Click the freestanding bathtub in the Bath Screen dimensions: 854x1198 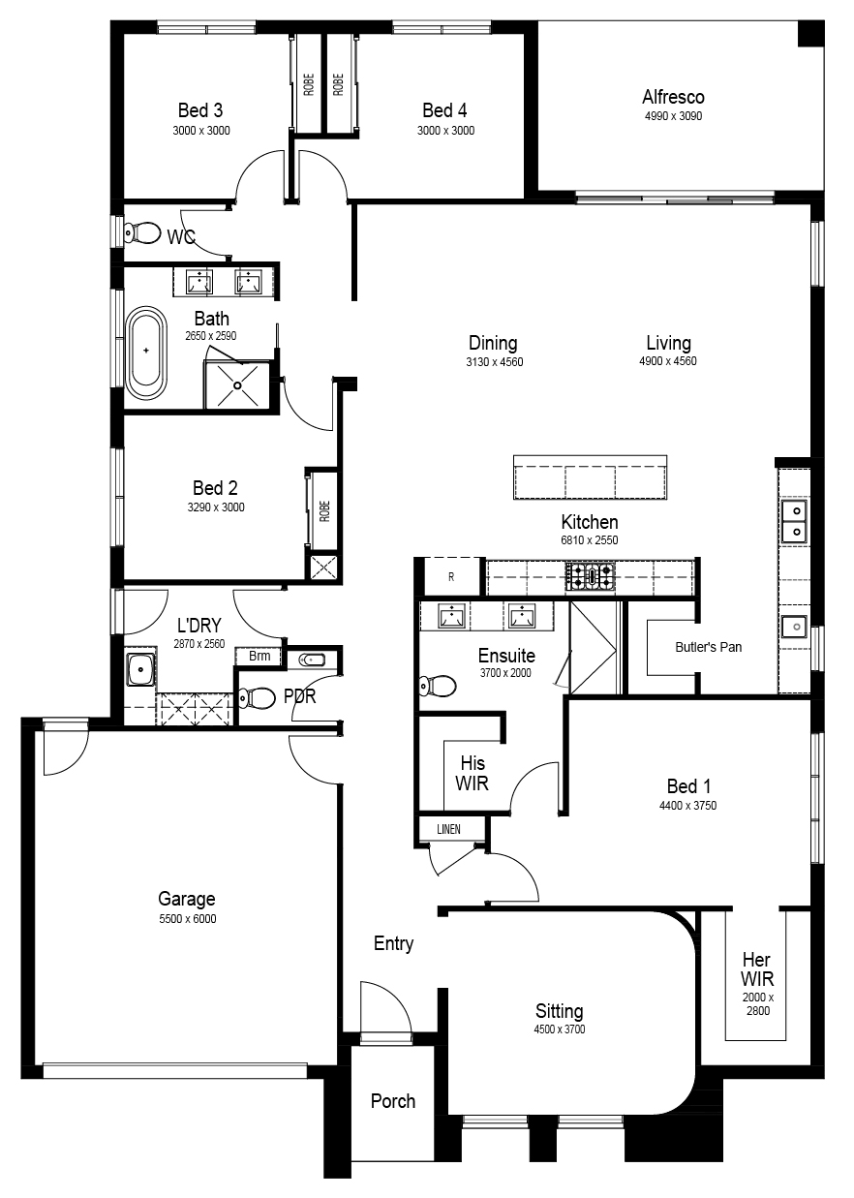[145, 353]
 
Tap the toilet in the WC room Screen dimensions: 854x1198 [142, 233]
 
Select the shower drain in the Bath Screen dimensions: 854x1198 [238, 385]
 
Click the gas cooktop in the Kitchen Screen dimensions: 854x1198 [590, 576]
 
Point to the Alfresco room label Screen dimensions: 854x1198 [673, 97]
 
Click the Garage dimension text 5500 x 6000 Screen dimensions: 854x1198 [188, 919]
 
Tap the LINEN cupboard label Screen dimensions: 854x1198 [448, 829]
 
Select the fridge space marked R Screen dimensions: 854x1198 [451, 576]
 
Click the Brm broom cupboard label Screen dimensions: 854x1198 [259, 656]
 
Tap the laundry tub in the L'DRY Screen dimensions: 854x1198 [140, 668]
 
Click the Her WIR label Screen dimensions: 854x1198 [756, 968]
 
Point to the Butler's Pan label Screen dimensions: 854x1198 [709, 647]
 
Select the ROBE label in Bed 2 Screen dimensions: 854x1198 [324, 511]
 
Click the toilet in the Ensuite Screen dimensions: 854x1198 [438, 685]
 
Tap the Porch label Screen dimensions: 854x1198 [393, 1101]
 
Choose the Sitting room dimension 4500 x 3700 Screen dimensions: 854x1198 [560, 1029]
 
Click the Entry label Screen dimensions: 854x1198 [393, 944]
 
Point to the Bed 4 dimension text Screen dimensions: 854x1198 [446, 131]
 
